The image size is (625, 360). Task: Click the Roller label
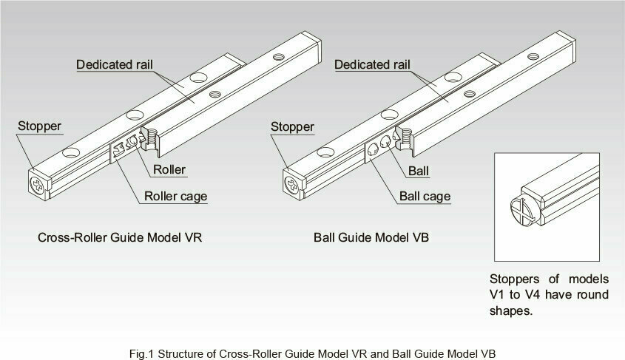[169, 169]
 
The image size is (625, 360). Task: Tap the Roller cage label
[175, 197]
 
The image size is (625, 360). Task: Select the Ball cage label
[425, 197]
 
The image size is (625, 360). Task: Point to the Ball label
[419, 169]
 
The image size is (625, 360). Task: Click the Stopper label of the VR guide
[39, 126]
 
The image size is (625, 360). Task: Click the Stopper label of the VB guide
[292, 126]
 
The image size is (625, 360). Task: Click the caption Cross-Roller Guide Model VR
[120, 239]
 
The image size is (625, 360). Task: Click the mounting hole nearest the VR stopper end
[71, 152]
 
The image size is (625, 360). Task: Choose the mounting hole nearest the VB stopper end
[325, 152]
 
